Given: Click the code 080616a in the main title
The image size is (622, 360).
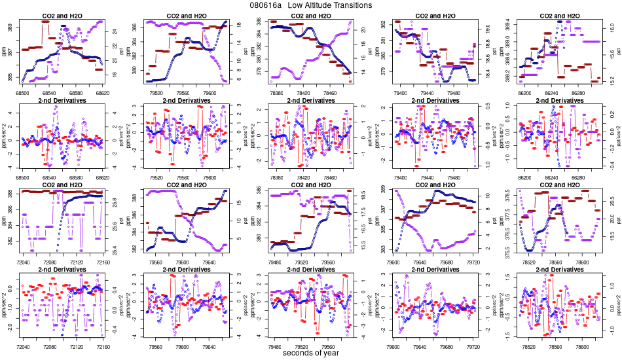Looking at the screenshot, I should (266, 5).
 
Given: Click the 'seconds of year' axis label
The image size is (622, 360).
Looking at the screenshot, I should (311, 353).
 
